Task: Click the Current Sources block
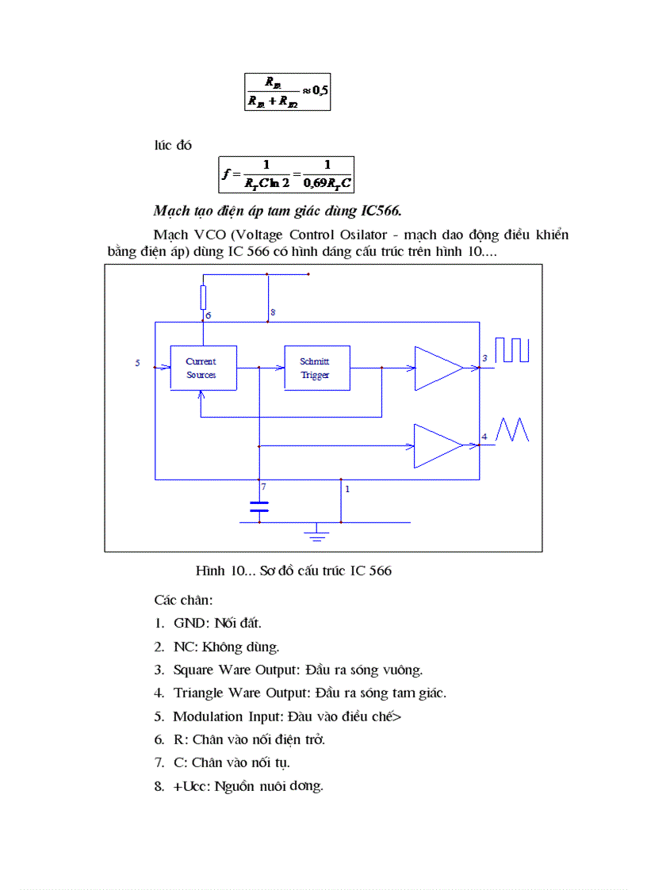204,368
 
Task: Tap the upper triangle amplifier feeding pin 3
437,368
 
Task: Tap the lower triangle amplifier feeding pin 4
437,445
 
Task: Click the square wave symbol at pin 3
511,350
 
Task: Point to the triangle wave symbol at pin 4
511,430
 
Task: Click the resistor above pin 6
203,297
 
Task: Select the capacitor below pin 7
259,506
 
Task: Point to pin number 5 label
137,363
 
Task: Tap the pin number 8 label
272,313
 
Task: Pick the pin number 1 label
346,489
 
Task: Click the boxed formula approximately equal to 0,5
287,92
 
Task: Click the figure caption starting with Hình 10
293,571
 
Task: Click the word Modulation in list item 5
209,716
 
